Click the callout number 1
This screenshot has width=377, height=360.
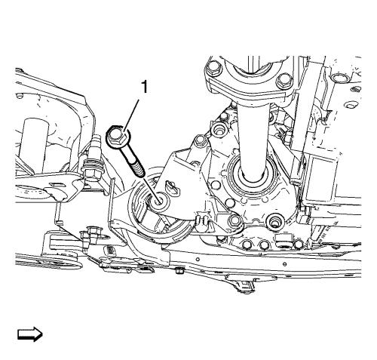click(x=144, y=87)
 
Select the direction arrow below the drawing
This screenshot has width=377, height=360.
click(x=30, y=334)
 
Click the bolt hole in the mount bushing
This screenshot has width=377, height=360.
click(x=158, y=201)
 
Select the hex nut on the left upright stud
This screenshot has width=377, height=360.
click(x=91, y=174)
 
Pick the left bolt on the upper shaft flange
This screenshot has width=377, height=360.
click(x=213, y=68)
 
